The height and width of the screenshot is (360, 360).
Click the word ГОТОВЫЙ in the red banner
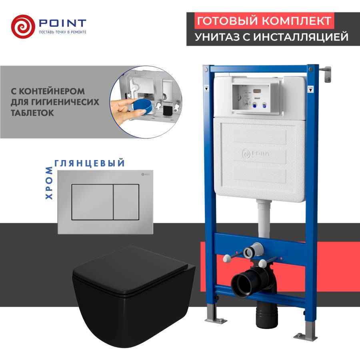(220, 21)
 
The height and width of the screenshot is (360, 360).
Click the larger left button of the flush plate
(92, 202)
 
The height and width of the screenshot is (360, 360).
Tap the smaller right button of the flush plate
(126, 202)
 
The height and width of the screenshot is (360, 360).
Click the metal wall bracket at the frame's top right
(328, 74)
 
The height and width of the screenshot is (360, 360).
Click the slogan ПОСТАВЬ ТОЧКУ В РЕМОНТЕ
(62, 32)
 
